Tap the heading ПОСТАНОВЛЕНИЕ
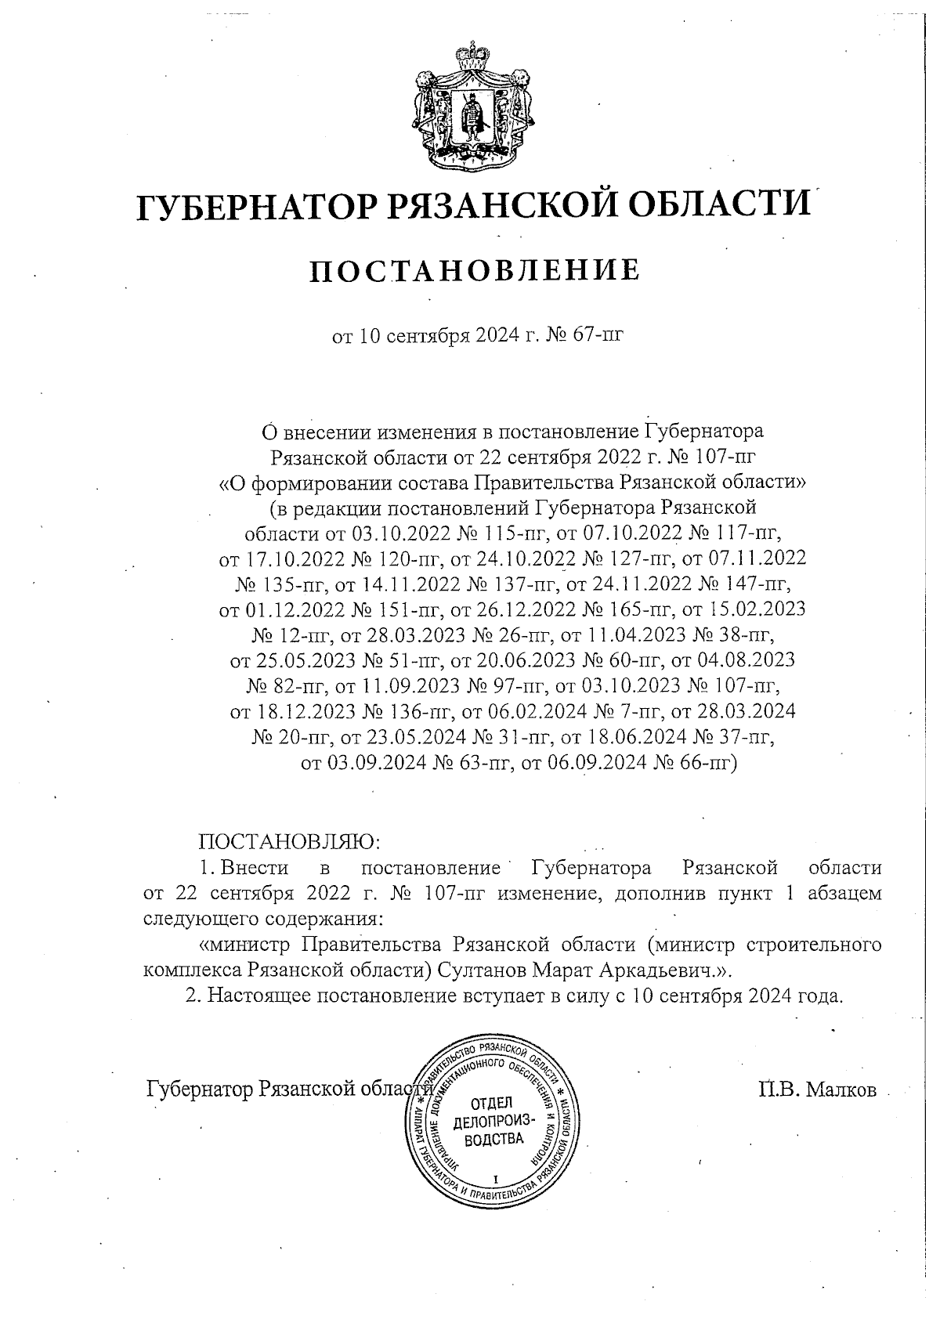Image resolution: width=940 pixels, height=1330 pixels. click(475, 269)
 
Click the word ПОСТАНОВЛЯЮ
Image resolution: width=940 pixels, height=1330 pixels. click(289, 842)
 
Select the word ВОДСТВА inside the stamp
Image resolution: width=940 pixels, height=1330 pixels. click(493, 1139)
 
